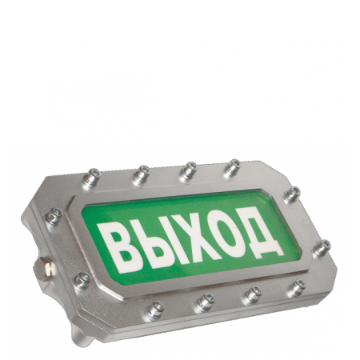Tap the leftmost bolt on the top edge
94,175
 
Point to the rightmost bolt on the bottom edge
296,288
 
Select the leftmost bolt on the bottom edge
154,308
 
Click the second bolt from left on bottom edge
205,302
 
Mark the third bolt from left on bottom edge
252,294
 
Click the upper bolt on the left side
54,216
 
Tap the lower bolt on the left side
82,281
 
